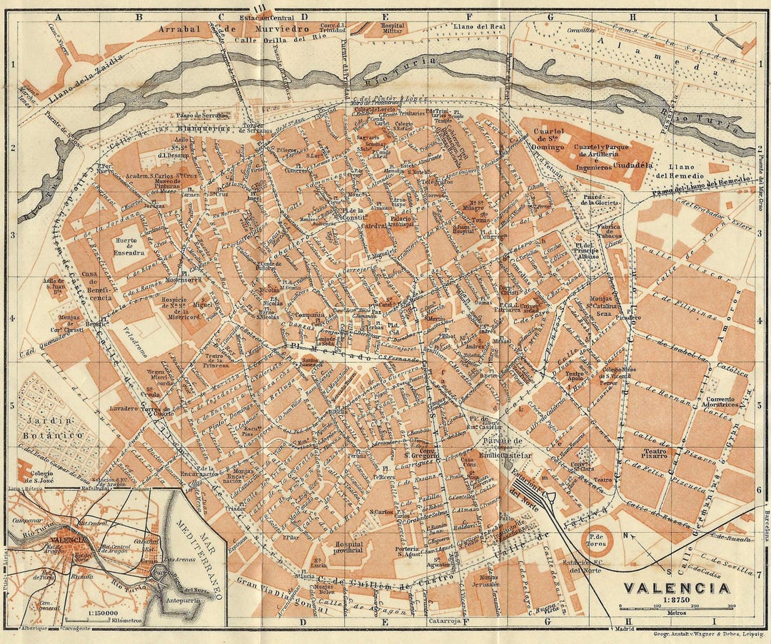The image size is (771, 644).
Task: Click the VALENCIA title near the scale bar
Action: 677,588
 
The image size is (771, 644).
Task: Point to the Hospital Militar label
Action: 392,29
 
